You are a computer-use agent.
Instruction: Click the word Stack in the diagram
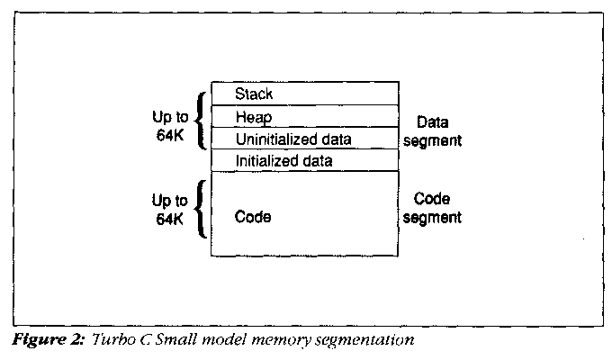click(254, 93)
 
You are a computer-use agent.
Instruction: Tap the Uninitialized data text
click(293, 139)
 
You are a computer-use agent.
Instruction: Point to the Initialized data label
click(283, 161)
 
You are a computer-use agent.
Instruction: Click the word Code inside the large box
click(252, 217)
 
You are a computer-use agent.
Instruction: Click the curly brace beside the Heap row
click(202, 118)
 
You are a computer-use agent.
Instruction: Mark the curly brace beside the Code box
click(202, 208)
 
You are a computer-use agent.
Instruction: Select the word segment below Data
click(437, 140)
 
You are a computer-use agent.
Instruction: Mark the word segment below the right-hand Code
click(437, 218)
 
